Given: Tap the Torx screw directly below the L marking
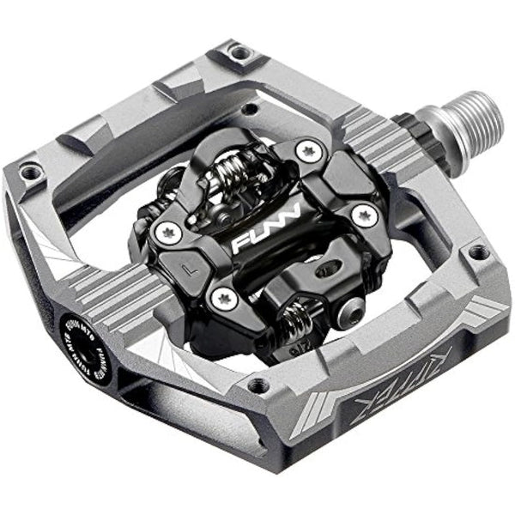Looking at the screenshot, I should (x=225, y=298).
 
